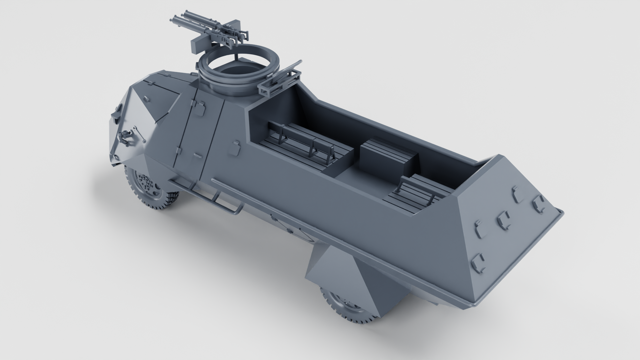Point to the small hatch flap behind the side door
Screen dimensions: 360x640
pos(236,147)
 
